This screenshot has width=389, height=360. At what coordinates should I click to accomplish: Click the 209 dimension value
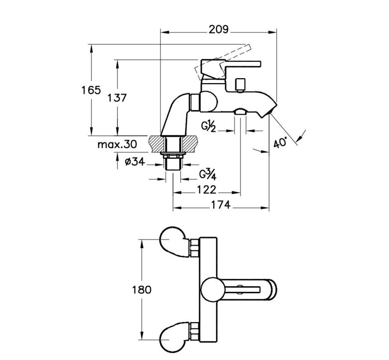tap(218, 29)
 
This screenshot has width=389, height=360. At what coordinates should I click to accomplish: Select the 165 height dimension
tap(91, 90)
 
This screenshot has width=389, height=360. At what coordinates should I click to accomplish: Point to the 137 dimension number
tap(117, 98)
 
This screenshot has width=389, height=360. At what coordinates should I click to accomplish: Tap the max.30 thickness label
tap(117, 144)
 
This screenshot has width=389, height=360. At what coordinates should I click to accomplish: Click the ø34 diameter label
tap(135, 162)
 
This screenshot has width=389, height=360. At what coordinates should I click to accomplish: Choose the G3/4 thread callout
tap(208, 174)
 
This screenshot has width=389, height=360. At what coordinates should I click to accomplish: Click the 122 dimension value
tap(206, 190)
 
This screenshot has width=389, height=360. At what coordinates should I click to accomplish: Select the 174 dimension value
tap(221, 205)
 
